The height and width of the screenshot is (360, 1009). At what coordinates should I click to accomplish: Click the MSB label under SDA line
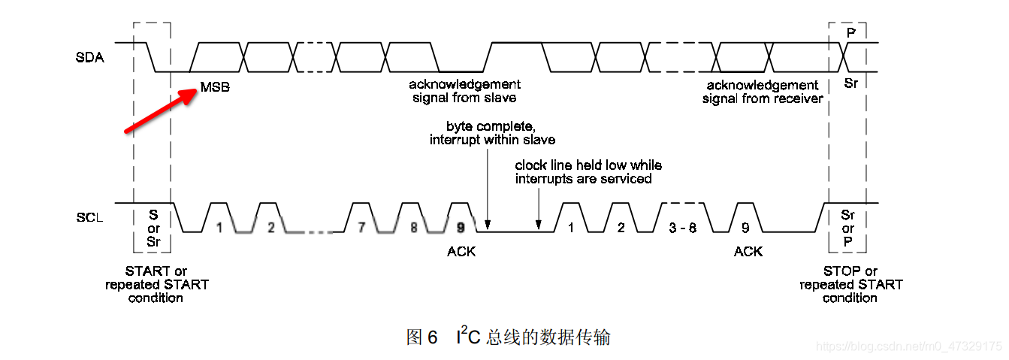tap(215, 87)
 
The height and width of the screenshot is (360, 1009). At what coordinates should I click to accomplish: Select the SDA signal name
tap(91, 58)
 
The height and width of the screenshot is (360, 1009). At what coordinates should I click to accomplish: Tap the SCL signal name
tap(90, 218)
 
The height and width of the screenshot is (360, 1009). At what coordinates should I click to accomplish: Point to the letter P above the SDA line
tap(850, 34)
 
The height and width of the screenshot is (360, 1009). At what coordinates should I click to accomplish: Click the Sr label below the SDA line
tap(850, 83)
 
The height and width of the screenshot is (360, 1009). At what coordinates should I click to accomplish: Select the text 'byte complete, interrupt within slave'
tap(492, 133)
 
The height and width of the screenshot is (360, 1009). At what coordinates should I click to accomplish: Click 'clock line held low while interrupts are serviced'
tap(588, 171)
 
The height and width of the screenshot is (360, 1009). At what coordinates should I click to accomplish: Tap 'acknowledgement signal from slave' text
tap(464, 91)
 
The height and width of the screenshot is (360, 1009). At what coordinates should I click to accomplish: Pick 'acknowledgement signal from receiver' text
tap(763, 92)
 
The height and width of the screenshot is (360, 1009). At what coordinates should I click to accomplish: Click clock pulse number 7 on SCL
tap(361, 226)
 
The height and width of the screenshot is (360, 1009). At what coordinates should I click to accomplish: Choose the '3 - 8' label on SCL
tap(682, 227)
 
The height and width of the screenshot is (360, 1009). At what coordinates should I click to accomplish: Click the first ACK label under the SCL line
tap(461, 252)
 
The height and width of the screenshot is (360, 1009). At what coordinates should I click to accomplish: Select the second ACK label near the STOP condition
tap(748, 252)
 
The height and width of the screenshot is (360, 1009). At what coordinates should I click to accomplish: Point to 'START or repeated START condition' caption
tap(156, 284)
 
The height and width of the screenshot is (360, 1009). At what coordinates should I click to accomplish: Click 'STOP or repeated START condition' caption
tap(850, 284)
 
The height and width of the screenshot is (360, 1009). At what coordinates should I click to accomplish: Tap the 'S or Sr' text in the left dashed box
tap(153, 228)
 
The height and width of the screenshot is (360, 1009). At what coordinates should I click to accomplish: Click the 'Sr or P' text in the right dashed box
tap(848, 228)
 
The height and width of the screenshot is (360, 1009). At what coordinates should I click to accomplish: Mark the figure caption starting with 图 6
tap(508, 337)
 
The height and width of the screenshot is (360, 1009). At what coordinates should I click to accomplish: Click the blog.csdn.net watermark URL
tap(908, 346)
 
